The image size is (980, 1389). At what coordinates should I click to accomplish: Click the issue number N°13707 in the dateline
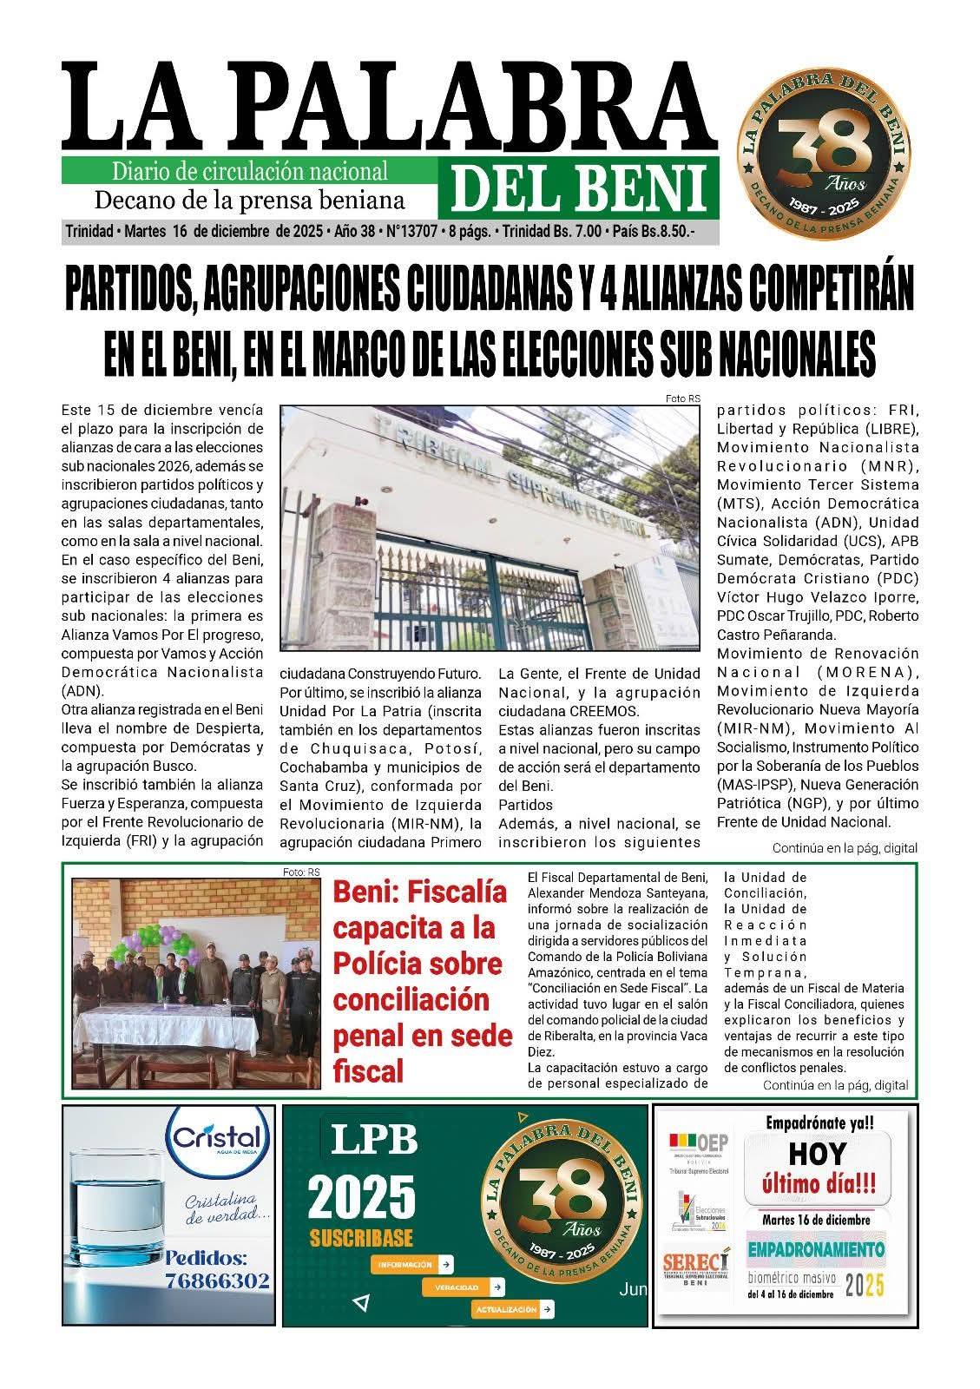pos(408,233)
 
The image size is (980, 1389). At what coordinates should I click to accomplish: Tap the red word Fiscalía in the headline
pos(419,892)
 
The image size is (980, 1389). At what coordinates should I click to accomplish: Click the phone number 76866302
pos(217,1280)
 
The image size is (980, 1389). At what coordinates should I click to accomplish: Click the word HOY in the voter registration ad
pos(818,1154)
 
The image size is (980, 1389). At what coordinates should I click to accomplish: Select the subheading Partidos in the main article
pos(525,805)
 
